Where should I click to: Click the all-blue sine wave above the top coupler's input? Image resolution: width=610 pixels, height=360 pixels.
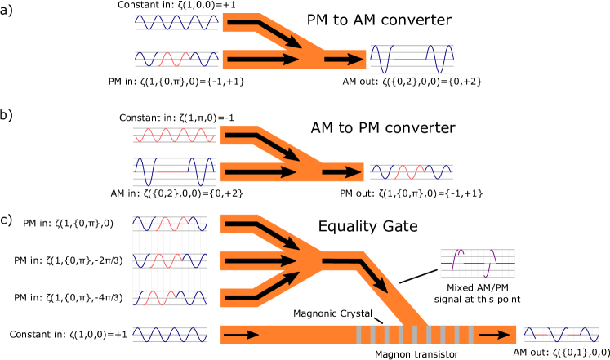(x=176, y=22)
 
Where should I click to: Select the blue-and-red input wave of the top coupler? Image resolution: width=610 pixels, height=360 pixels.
(x=176, y=59)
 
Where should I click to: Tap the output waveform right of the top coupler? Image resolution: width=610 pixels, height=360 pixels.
(x=412, y=59)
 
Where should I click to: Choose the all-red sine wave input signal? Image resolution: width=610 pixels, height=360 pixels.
(x=175, y=135)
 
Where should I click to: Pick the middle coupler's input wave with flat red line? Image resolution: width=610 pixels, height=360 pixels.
(x=174, y=171)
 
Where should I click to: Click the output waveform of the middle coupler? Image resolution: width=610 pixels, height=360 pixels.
(x=411, y=171)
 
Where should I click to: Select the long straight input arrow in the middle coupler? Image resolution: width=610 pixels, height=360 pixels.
(x=261, y=171)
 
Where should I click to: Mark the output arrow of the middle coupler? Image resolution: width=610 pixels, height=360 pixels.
(x=342, y=171)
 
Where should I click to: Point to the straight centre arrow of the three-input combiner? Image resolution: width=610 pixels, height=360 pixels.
(x=261, y=260)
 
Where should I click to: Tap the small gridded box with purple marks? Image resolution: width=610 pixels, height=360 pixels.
(x=477, y=263)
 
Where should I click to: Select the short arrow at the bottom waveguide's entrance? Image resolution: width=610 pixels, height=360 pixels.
(x=241, y=335)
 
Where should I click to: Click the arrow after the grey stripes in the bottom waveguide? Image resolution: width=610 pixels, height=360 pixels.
(x=494, y=335)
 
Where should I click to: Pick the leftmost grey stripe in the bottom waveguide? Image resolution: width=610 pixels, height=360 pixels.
(x=358, y=335)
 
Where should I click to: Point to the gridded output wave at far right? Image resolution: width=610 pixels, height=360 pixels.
(x=561, y=335)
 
